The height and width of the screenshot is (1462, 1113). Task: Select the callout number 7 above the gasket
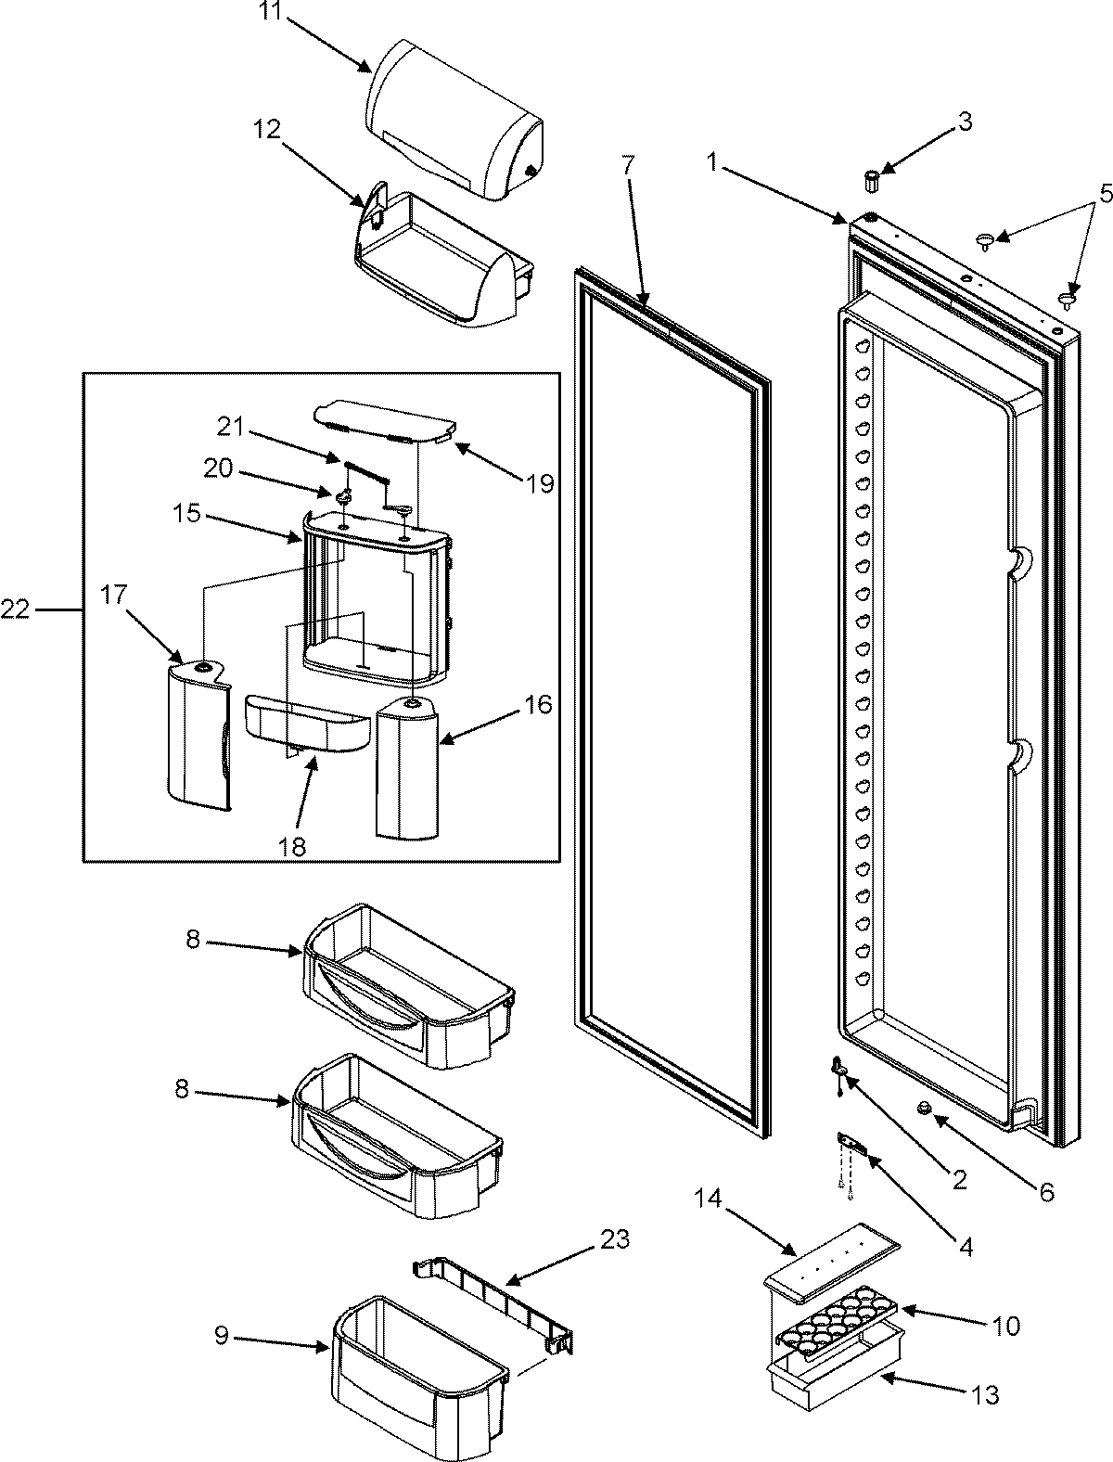coord(628,165)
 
